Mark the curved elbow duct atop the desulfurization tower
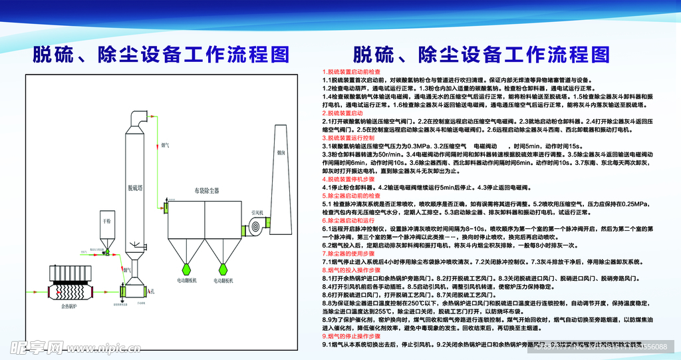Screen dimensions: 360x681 click(x=140, y=117)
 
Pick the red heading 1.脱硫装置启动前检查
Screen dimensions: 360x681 click(x=352, y=71)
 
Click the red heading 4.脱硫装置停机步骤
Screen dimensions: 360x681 click(x=349, y=180)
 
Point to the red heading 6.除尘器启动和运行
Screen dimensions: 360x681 click(x=349, y=220)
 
